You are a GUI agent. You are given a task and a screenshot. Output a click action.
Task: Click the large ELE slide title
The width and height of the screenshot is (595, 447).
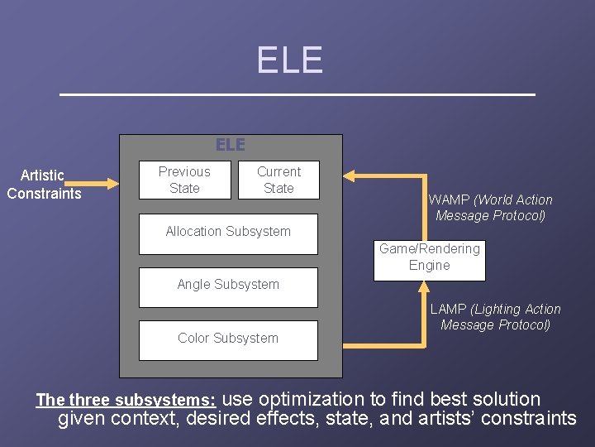click(289, 60)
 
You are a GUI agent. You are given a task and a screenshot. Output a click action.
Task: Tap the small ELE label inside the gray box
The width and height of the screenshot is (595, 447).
click(231, 145)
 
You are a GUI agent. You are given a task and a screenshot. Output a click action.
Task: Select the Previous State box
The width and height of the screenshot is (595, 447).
click(184, 180)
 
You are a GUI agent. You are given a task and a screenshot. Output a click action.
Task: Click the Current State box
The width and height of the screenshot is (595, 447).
click(278, 180)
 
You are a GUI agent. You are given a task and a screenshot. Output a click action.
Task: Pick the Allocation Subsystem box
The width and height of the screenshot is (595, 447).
click(228, 232)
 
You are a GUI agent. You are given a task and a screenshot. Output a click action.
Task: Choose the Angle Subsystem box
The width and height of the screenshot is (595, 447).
click(228, 285)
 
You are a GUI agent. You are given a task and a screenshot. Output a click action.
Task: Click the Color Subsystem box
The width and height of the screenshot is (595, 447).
click(228, 339)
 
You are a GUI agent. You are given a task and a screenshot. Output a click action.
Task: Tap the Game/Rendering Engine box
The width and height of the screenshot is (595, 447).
click(429, 257)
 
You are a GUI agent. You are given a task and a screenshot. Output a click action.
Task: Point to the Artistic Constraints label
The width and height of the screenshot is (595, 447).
click(44, 185)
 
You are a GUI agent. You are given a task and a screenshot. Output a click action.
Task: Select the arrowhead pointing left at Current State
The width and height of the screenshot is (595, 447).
click(350, 175)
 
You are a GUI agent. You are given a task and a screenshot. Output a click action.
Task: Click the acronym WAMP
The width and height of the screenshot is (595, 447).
click(448, 199)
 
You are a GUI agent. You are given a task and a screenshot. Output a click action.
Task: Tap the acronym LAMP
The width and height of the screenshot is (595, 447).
click(448, 310)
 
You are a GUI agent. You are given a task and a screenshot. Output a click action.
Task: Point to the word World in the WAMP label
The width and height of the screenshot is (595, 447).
click(494, 199)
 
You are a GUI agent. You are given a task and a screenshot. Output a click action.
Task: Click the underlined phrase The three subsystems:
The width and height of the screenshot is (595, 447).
click(126, 401)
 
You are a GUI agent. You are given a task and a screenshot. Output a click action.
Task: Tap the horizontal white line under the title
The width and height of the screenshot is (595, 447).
click(297, 95)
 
